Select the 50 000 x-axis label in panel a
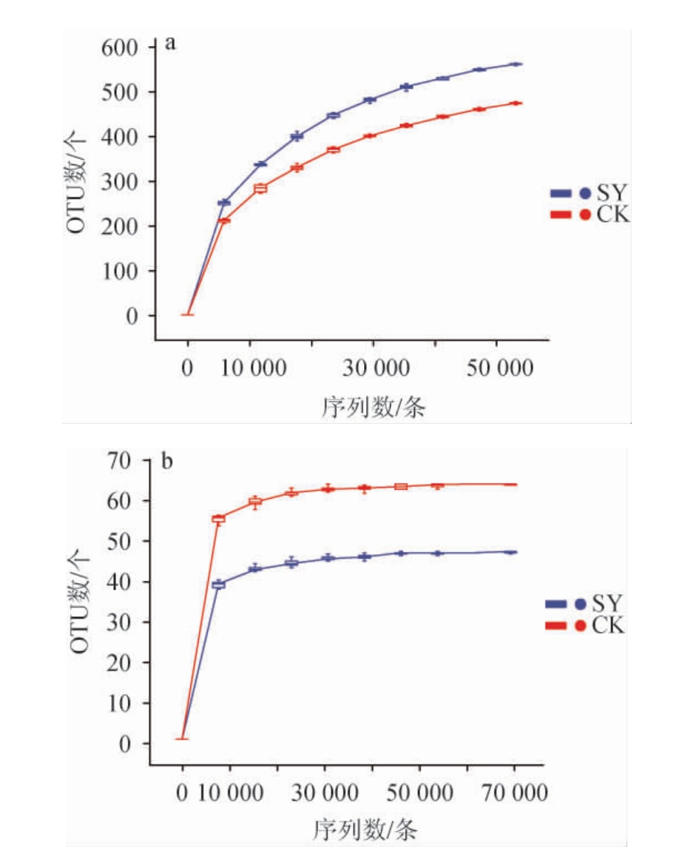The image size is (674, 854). pos(499,368)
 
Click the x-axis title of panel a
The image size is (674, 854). pos(374,406)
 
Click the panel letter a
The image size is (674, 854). pos(170,43)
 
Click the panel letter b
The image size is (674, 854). pos(168,462)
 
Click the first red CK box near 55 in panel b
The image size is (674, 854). pos(218,520)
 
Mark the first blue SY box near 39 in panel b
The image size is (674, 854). pos(218,585)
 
